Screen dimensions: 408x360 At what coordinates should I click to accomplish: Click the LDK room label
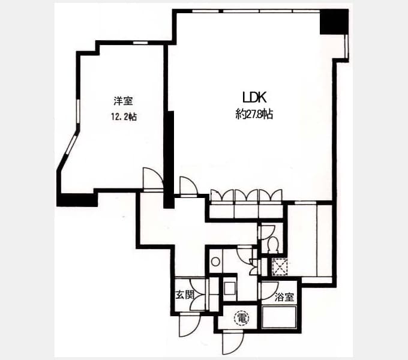coord(254,98)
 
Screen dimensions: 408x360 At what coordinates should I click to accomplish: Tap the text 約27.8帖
coord(254,114)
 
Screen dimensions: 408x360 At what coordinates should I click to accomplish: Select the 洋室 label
coord(124,101)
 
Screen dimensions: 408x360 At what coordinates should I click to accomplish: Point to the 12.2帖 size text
coord(124,117)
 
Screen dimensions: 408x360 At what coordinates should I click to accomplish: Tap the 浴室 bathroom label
coord(284,297)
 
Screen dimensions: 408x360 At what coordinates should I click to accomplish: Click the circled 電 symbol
coord(242,318)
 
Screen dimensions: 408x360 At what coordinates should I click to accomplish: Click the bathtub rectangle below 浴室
coord(279,317)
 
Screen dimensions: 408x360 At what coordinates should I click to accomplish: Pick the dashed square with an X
coord(280,266)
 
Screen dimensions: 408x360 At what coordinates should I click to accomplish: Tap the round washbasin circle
coord(215,262)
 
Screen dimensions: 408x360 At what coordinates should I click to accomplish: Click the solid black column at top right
coord(334,22)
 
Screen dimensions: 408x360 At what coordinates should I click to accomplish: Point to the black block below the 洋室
coord(77,200)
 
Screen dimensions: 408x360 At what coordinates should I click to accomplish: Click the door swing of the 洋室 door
coord(153,179)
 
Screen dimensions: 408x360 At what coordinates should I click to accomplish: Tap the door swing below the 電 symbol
coord(233,344)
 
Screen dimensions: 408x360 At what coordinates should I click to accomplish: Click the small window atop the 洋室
coord(140,43)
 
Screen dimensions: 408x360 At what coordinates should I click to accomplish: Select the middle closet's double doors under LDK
coord(247,196)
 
